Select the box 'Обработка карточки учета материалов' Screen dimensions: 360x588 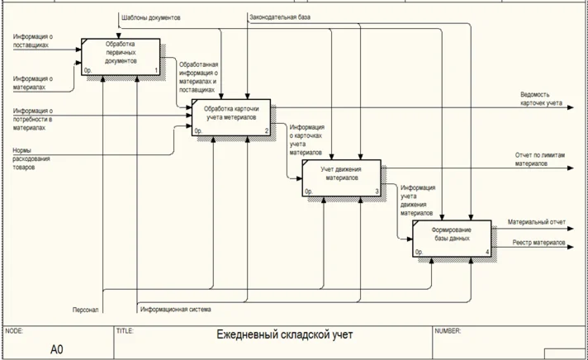[x=232, y=117]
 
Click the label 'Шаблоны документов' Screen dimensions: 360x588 [x=151, y=17]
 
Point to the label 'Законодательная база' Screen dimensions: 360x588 [x=280, y=17]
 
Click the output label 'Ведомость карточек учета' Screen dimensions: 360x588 [x=541, y=99]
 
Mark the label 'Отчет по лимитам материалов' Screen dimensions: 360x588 [x=538, y=159]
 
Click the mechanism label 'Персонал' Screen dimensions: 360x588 [x=85, y=310]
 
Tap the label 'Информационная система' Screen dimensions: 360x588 [x=176, y=310]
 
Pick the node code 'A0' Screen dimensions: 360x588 [x=56, y=349]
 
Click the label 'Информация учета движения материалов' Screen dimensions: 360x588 [x=418, y=199]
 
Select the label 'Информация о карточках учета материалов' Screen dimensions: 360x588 [x=306, y=140]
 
